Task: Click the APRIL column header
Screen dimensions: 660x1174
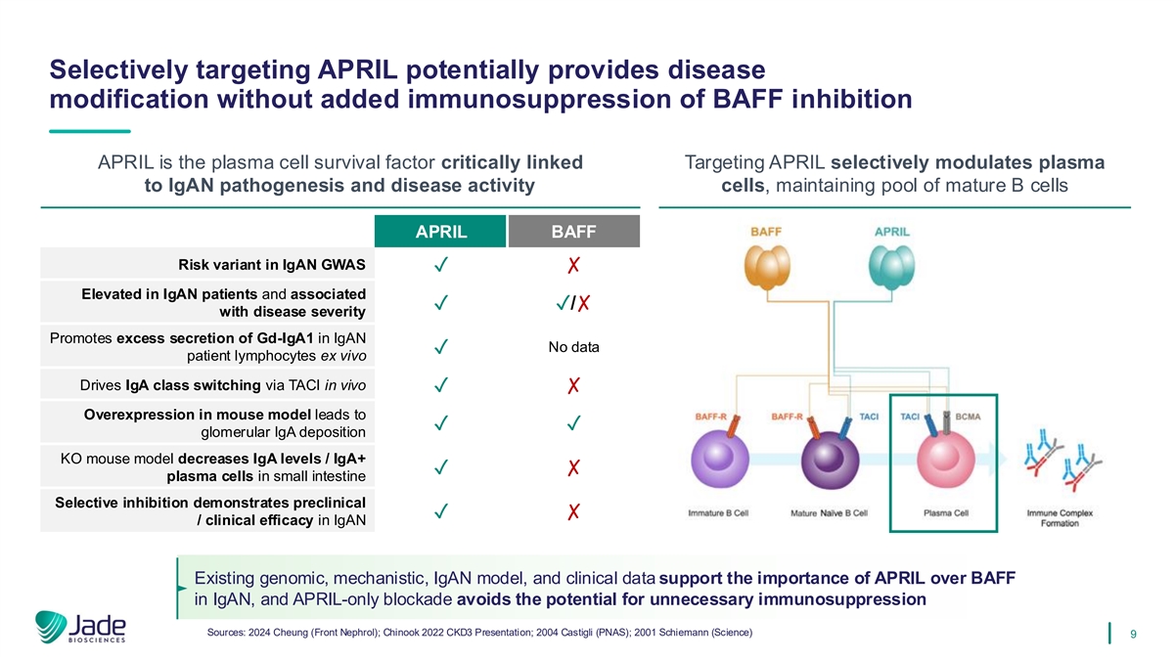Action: tap(440, 233)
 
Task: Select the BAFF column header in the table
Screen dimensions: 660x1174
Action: tap(574, 233)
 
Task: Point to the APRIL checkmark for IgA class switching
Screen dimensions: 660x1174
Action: tap(442, 386)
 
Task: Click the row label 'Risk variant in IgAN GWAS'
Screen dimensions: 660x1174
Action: tap(272, 264)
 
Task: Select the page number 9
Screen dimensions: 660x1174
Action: tap(1132, 635)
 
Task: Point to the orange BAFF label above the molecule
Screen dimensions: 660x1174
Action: tap(766, 232)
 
